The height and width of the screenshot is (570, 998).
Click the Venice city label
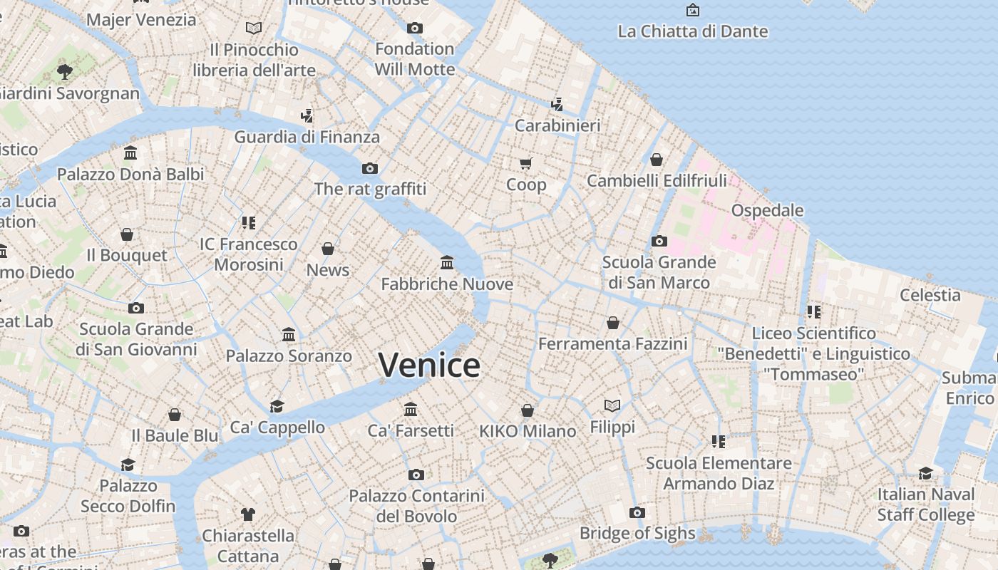(x=429, y=365)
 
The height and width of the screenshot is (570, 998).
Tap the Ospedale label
(x=767, y=210)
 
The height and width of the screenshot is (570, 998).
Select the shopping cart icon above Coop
(x=526, y=164)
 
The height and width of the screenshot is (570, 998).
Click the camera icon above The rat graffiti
(x=369, y=169)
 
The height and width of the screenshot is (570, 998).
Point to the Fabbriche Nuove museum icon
(x=447, y=263)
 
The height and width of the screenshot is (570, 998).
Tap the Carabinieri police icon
(x=557, y=105)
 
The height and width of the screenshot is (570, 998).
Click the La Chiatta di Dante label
(x=692, y=31)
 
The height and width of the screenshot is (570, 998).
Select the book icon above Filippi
(x=612, y=405)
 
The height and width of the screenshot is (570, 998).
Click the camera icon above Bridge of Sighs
(x=637, y=512)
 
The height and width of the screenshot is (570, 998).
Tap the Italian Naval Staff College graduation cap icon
(x=925, y=473)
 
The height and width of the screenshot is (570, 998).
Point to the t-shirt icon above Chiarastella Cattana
(x=247, y=514)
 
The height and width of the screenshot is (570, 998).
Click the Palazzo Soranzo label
(x=289, y=356)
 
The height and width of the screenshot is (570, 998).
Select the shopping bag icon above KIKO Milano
(x=528, y=410)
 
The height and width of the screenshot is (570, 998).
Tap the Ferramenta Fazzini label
(x=612, y=344)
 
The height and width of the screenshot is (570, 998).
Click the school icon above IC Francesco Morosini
(x=248, y=223)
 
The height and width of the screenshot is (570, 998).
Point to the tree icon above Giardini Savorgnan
(x=65, y=71)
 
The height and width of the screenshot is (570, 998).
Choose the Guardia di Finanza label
(x=307, y=137)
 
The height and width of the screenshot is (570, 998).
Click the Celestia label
(x=930, y=295)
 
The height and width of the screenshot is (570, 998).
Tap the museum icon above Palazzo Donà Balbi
(x=130, y=153)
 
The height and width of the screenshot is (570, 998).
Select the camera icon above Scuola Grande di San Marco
(x=659, y=242)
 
